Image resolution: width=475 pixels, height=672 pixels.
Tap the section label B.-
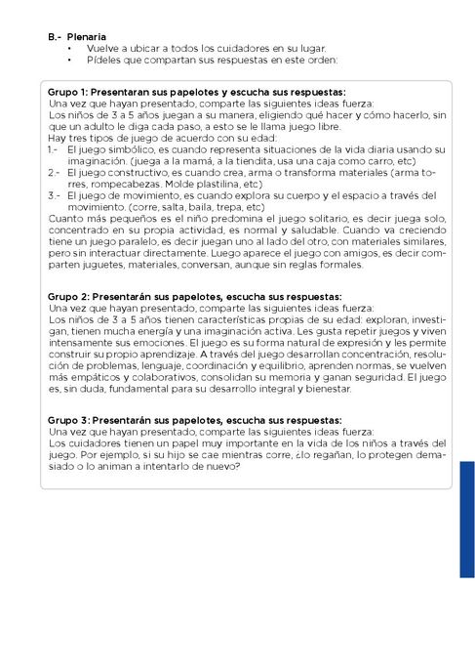click(x=54, y=36)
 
